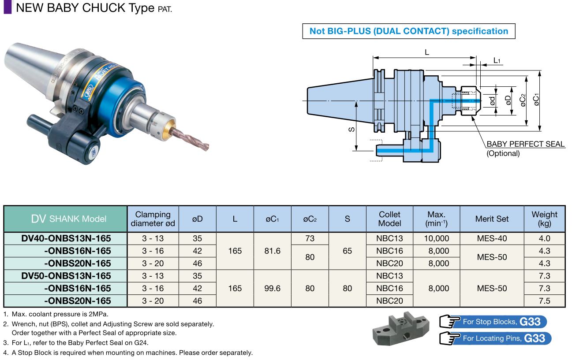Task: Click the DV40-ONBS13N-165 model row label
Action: click(x=66, y=238)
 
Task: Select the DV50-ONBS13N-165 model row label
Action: click(x=66, y=276)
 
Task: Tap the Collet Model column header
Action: click(x=389, y=219)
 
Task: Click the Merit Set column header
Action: click(x=492, y=219)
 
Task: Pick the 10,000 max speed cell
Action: click(x=436, y=238)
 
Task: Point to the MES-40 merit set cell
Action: click(x=492, y=238)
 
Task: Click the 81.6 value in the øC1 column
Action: click(x=272, y=251)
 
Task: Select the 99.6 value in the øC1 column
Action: click(x=272, y=288)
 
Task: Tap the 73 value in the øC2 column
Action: click(x=310, y=238)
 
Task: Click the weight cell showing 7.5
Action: click(x=544, y=301)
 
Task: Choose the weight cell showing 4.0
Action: click(x=544, y=238)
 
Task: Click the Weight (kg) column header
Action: click(x=544, y=219)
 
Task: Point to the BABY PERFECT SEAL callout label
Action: click(x=525, y=144)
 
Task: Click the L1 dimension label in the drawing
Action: click(x=497, y=61)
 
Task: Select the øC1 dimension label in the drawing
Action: click(x=536, y=100)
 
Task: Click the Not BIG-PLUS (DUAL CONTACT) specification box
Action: click(x=408, y=31)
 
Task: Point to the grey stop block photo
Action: click(x=400, y=329)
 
